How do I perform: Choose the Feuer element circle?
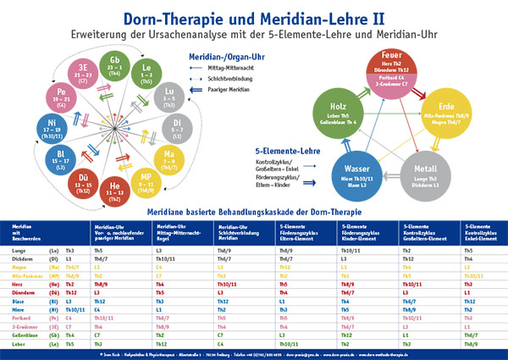pyautogui.click(x=388, y=67)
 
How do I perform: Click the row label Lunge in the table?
pyautogui.click(x=16, y=252)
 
